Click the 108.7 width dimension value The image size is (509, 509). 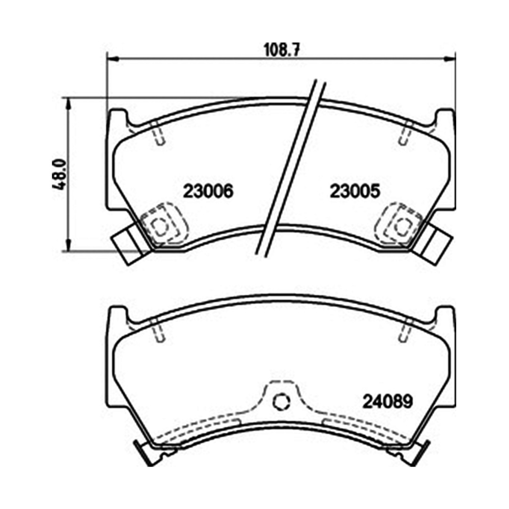[281, 50]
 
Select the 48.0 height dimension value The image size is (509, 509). [59, 174]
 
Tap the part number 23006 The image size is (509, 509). [208, 191]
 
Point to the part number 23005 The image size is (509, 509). [355, 191]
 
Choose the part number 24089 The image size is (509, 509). [387, 402]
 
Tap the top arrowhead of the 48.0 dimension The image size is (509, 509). [68, 103]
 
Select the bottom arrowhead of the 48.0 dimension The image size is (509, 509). [68, 246]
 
